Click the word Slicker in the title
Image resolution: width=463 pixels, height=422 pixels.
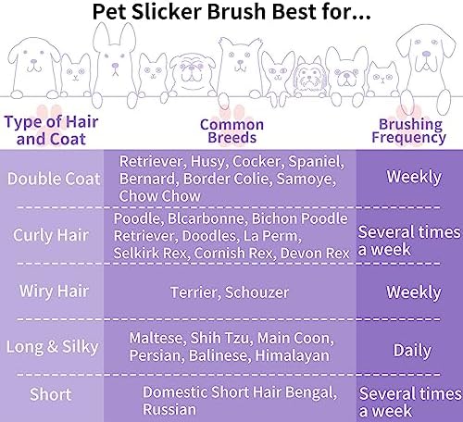[x=167, y=12]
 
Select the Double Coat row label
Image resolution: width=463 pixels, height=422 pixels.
[x=54, y=179]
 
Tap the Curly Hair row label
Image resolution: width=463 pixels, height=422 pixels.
[x=51, y=236]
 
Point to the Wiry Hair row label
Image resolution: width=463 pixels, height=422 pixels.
[x=54, y=292]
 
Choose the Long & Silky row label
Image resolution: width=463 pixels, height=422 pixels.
[x=53, y=347]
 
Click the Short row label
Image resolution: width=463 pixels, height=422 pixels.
[x=51, y=394]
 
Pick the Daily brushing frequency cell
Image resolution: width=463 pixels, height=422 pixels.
[x=412, y=351]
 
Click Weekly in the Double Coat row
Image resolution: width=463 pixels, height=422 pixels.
[x=414, y=177]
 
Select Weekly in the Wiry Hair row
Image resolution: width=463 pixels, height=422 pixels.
[x=414, y=292]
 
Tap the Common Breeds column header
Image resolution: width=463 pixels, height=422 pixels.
[x=231, y=131]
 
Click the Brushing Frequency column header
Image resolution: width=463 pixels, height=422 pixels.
[x=409, y=131]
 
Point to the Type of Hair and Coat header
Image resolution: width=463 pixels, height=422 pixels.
[x=51, y=130]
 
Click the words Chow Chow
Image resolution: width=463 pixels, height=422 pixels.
[x=160, y=196]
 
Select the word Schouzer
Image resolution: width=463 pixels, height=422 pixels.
[x=257, y=292]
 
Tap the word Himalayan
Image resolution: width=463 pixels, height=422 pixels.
[x=293, y=355]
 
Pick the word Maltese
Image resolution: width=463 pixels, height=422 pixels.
[x=157, y=338]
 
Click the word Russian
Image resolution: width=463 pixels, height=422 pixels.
[x=169, y=410]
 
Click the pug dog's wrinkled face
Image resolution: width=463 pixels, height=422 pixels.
[x=193, y=70]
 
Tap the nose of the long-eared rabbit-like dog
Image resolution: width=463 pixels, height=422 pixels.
[x=115, y=66]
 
